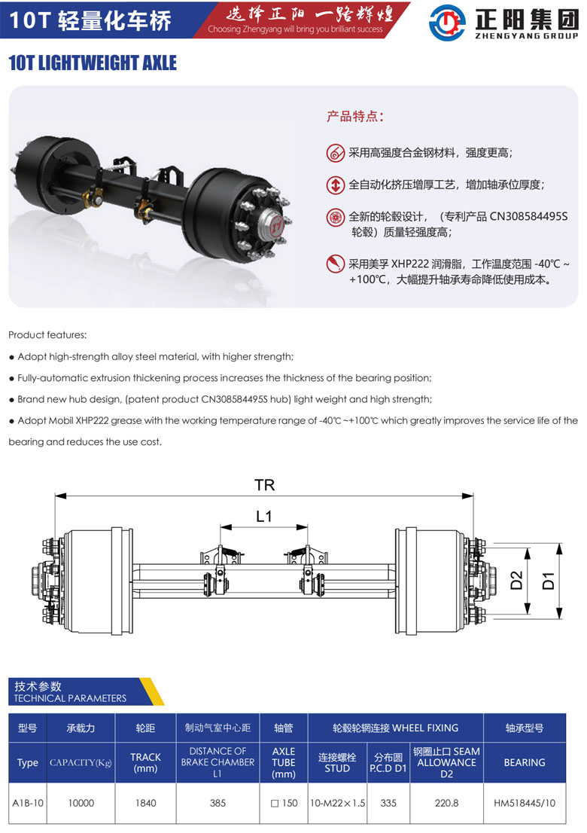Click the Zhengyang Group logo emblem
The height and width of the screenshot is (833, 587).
(x=447, y=22)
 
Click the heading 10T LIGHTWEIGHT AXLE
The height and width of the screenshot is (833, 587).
(x=93, y=63)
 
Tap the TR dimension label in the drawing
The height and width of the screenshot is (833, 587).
(x=264, y=485)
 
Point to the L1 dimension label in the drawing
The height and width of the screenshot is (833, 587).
(x=263, y=516)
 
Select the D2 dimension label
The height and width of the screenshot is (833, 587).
(x=516, y=581)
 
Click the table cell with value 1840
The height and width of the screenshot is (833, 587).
(x=145, y=803)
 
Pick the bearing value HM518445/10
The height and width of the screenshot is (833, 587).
(x=524, y=803)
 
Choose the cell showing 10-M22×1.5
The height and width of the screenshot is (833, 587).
(x=337, y=803)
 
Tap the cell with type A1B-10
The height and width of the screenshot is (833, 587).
(x=28, y=803)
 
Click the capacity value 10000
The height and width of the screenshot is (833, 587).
(x=81, y=803)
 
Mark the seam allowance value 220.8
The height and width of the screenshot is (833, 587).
(x=446, y=803)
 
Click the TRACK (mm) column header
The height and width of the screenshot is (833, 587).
(x=145, y=762)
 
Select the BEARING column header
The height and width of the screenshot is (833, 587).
(x=524, y=762)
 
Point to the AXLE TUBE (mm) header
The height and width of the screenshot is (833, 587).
(x=283, y=762)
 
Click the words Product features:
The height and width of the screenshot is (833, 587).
(x=47, y=334)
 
